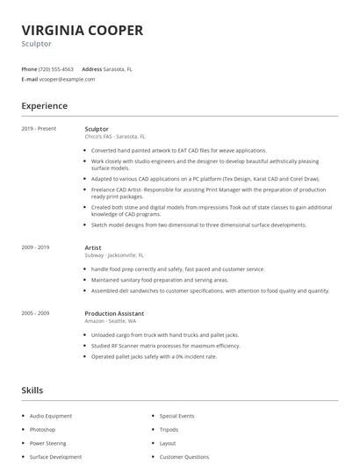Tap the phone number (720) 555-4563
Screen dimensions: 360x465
coord(56,68)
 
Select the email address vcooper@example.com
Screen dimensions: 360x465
coord(67,79)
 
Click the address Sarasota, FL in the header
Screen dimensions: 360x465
coord(118,68)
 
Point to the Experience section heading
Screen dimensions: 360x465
coord(44,106)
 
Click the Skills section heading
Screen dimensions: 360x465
coord(32,390)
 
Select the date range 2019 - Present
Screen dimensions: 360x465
coord(39,129)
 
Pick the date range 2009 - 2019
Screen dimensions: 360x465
coord(36,248)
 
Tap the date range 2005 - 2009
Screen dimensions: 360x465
coord(36,313)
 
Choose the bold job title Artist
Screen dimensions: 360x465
coord(93,248)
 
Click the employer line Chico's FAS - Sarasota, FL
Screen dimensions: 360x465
coord(115,137)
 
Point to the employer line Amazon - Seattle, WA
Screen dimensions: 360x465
coord(110,321)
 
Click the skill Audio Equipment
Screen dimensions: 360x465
coord(51,416)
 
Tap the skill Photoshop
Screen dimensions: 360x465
coord(42,430)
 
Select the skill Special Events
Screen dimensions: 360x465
coord(176,416)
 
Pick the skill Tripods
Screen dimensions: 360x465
coord(169,430)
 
